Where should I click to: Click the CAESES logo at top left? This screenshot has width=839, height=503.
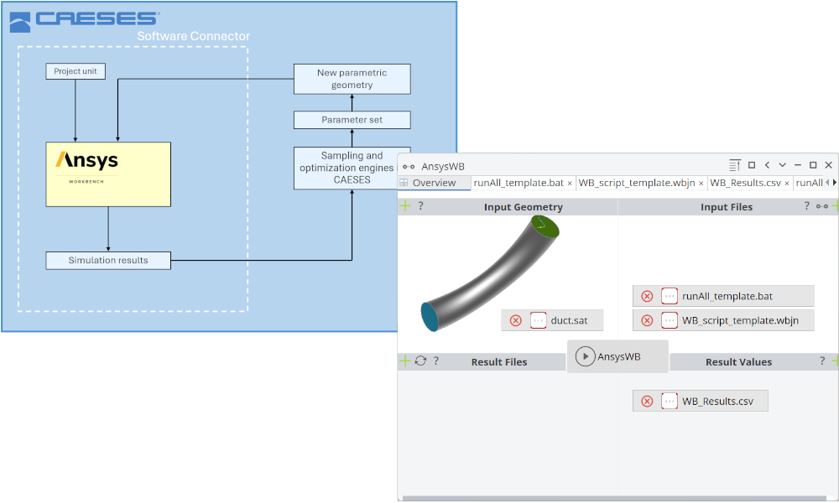(84, 18)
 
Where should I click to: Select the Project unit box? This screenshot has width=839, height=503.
(76, 71)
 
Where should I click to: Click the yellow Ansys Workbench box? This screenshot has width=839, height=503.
(108, 174)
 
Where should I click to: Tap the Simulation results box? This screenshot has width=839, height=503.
(108, 261)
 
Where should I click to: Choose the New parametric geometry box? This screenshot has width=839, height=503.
(352, 79)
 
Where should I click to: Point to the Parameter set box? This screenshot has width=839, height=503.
(352, 120)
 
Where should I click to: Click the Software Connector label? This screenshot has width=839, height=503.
(193, 36)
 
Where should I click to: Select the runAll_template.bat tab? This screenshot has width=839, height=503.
(518, 183)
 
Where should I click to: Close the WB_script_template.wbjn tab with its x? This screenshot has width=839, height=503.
(701, 183)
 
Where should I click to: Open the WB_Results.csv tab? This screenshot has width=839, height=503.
(745, 183)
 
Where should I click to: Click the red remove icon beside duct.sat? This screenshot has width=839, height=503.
(516, 321)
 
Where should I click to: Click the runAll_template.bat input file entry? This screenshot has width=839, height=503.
(727, 296)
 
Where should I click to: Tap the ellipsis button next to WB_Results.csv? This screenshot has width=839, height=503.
(670, 402)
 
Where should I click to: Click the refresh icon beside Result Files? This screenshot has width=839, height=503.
(420, 361)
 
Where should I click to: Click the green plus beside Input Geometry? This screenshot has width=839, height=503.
(404, 206)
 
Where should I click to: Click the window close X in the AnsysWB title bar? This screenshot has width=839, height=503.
(828, 165)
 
